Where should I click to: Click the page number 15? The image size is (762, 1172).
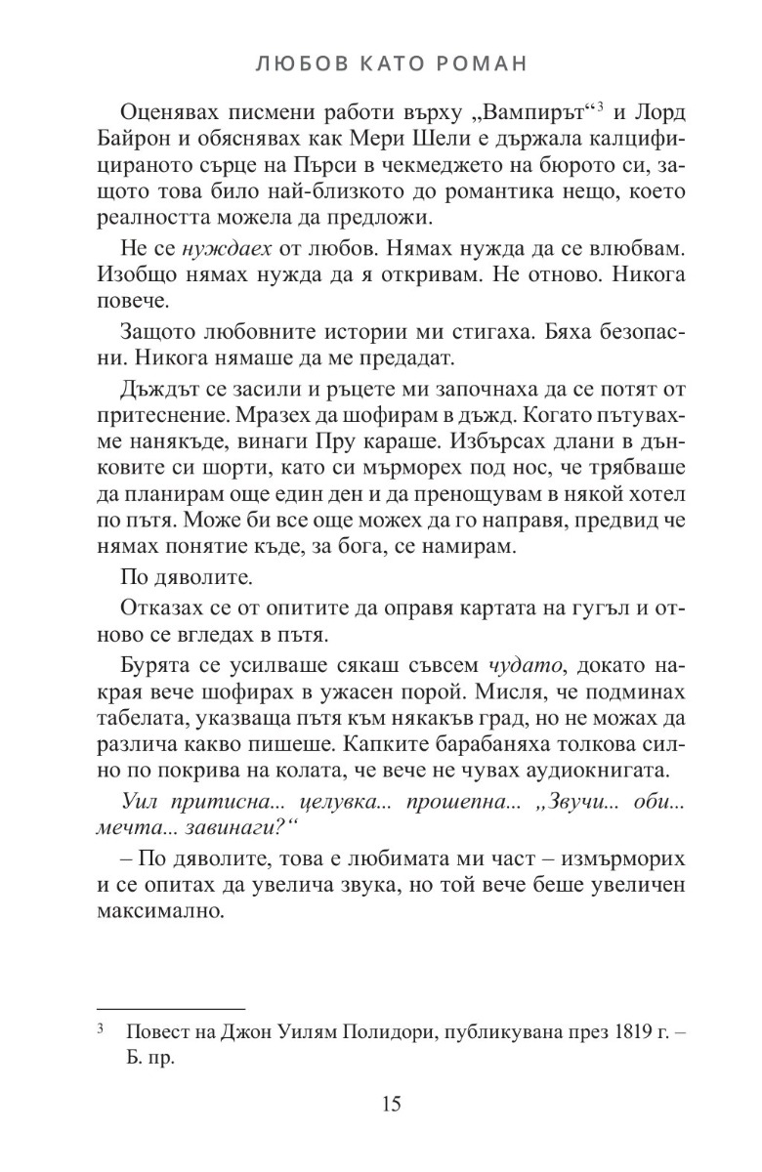(x=391, y=1105)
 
